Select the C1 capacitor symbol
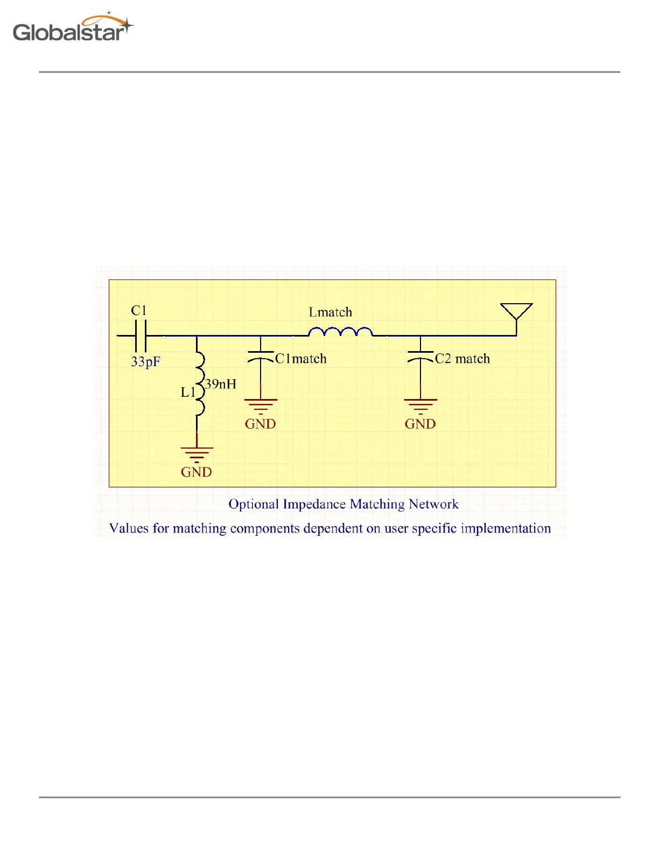click(x=140, y=335)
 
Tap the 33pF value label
click(x=145, y=361)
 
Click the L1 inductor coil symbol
click(x=199, y=384)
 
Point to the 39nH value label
click(x=221, y=384)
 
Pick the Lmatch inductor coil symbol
click(x=340, y=332)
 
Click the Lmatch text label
click(x=330, y=312)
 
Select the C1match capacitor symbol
click(x=261, y=357)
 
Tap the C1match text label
click(x=301, y=359)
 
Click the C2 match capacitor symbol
click(x=420, y=357)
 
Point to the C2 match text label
click(x=462, y=359)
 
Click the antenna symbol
click(x=516, y=313)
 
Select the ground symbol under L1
click(x=197, y=454)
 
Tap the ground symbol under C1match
click(x=261, y=405)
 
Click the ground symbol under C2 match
click(x=420, y=405)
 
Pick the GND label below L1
click(x=197, y=472)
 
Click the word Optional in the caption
click(x=254, y=505)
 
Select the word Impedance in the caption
click(x=314, y=505)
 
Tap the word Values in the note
click(x=129, y=528)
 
